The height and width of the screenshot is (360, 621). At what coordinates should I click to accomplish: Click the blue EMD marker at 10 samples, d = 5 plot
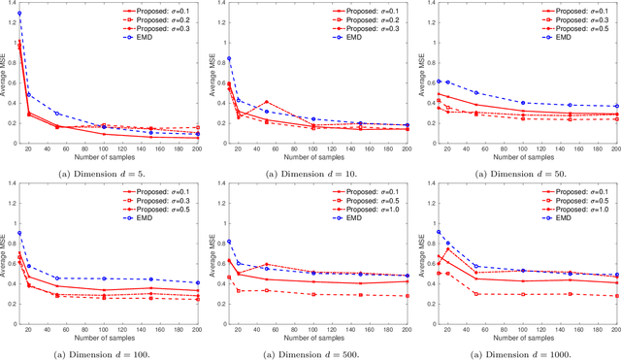coord(18,14)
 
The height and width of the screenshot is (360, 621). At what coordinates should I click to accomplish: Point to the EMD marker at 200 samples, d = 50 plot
coord(618,107)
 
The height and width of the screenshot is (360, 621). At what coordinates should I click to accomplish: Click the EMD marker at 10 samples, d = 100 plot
coord(18,233)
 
